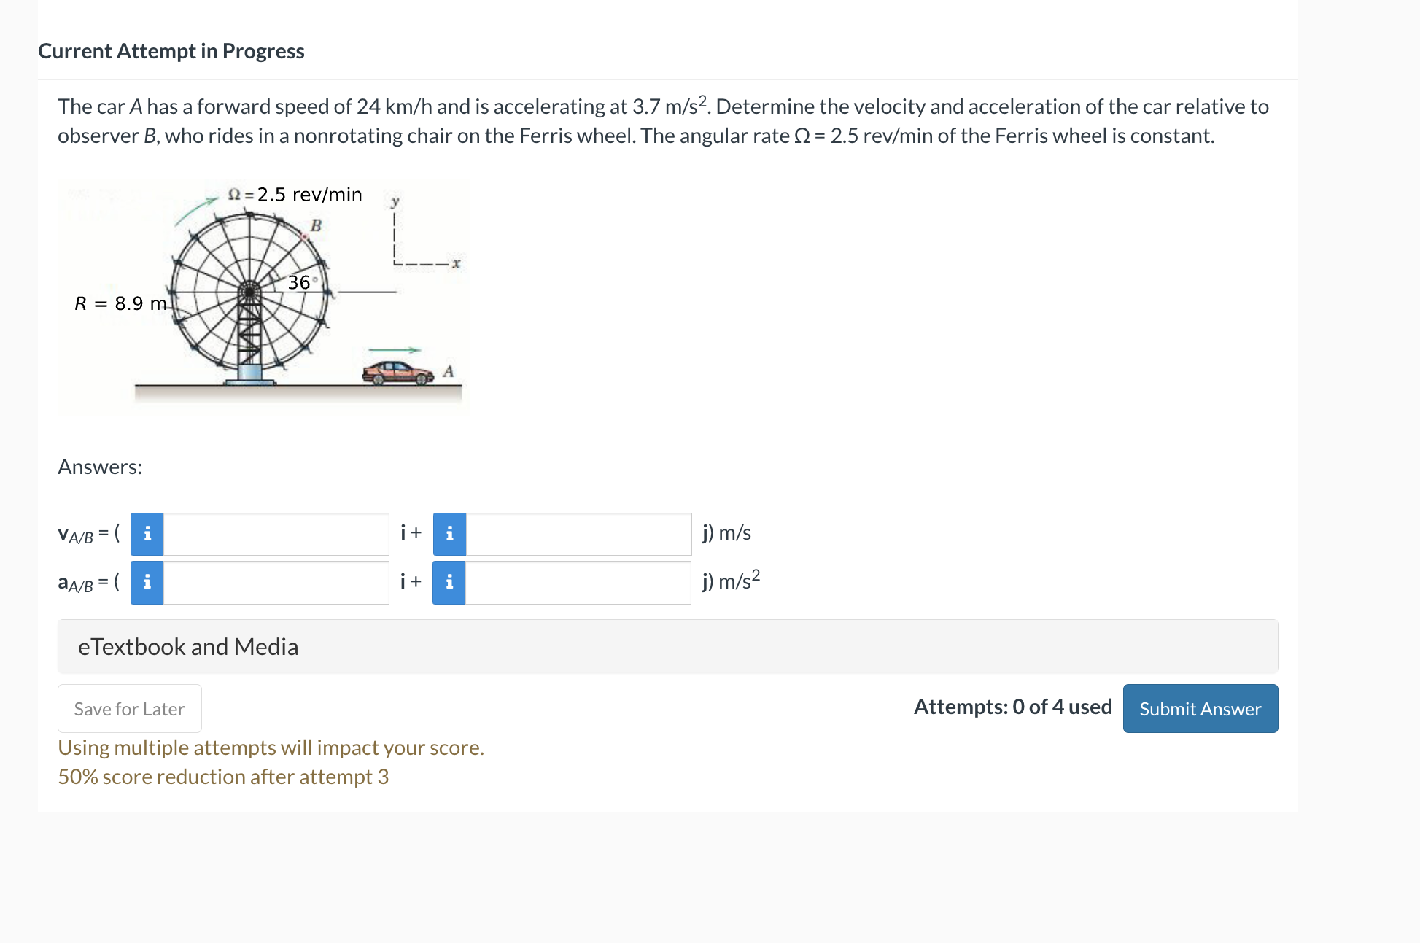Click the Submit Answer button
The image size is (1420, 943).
pos(1200,708)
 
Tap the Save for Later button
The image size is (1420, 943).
pos(129,708)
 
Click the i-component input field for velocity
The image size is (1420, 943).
pos(276,534)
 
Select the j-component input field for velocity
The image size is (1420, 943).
pos(578,534)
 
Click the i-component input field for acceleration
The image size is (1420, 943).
pos(276,582)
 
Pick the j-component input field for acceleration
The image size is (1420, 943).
pos(578,582)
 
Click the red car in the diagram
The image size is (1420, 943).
pos(397,373)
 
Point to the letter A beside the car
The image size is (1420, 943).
pos(449,371)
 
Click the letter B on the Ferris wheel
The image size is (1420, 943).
pos(316,225)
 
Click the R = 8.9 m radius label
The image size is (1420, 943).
pos(120,303)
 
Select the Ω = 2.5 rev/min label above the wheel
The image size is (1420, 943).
pos(295,195)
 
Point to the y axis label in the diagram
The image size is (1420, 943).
pos(395,201)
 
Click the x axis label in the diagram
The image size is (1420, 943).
pos(456,263)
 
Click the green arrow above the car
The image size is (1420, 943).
pos(395,351)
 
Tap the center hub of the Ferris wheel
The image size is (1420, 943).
pos(249,292)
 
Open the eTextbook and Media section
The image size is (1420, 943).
pos(188,646)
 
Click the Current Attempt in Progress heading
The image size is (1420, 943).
pos(171,51)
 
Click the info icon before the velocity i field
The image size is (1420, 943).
pos(147,534)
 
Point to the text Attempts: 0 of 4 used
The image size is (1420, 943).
pos(1012,707)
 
